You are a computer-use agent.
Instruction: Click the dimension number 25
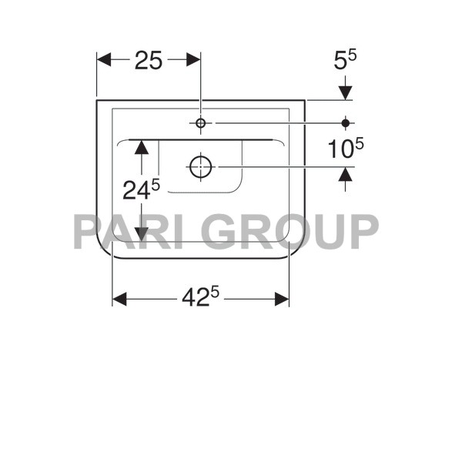coord(148,61)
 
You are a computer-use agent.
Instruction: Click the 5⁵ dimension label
coord(344,61)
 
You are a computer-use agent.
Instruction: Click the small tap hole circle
coord(200,123)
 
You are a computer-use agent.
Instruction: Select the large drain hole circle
coord(200,166)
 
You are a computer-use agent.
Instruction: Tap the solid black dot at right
coord(345,122)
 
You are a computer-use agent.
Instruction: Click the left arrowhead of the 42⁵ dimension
coord(120,299)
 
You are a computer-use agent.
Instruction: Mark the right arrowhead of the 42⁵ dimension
coord(281,299)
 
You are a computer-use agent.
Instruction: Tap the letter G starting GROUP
coord(228,232)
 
